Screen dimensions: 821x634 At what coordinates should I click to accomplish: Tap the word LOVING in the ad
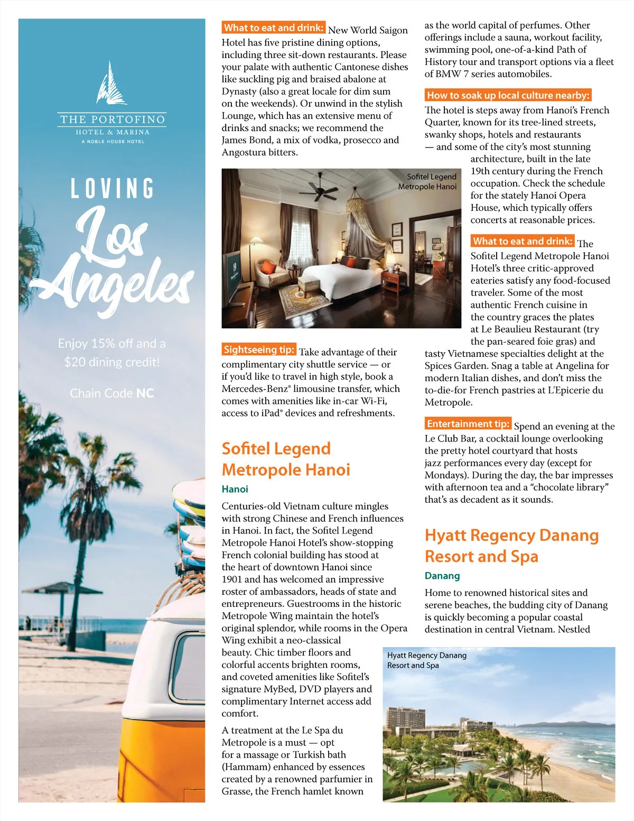point(113,189)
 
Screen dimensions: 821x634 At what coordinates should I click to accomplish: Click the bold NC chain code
point(145,393)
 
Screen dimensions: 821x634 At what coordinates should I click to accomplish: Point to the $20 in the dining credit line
point(75,362)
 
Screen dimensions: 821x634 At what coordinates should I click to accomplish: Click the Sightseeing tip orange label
point(258,349)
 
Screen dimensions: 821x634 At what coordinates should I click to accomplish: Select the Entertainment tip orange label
point(468,423)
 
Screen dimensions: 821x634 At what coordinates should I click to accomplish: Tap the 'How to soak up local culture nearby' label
point(508,95)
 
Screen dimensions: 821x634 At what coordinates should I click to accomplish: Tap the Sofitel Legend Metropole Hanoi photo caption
point(427,181)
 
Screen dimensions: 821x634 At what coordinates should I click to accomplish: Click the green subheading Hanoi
point(235,489)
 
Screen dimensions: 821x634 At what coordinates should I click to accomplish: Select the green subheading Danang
point(442,576)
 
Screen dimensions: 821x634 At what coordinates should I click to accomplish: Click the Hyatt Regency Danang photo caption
point(426,660)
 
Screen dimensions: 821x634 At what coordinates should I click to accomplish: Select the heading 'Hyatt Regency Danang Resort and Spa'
point(511,546)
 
